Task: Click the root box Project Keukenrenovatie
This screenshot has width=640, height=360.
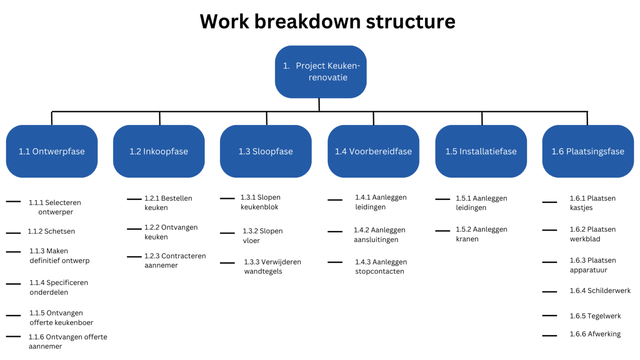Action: point(321,72)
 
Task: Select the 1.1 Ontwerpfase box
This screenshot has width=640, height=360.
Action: point(52,151)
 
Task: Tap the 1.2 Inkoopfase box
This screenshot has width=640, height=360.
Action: point(159,151)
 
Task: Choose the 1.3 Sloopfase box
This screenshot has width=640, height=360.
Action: point(266,151)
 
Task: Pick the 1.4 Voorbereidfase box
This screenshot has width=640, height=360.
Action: point(373,151)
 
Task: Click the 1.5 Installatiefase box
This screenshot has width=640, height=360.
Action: point(481,151)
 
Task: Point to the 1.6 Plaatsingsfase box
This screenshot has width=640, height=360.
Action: point(588,151)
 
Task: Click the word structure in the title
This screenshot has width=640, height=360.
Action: point(410,22)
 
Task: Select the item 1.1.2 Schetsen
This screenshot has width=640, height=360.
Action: point(51,231)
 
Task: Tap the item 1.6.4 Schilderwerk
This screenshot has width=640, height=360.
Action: point(600,291)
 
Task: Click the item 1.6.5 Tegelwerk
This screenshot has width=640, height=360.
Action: point(595,316)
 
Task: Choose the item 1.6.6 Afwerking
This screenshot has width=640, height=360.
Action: point(595,334)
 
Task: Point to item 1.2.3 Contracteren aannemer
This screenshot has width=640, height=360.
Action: point(175,260)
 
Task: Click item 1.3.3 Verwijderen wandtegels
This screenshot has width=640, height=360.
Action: point(272,267)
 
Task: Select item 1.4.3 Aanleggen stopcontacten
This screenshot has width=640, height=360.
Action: point(380,267)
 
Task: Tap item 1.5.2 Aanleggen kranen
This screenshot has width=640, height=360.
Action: point(481,234)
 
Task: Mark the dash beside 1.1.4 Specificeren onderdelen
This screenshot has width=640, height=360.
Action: point(13,284)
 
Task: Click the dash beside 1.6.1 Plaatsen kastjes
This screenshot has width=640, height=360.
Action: point(550,202)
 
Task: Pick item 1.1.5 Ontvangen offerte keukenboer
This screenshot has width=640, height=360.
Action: point(61,318)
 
